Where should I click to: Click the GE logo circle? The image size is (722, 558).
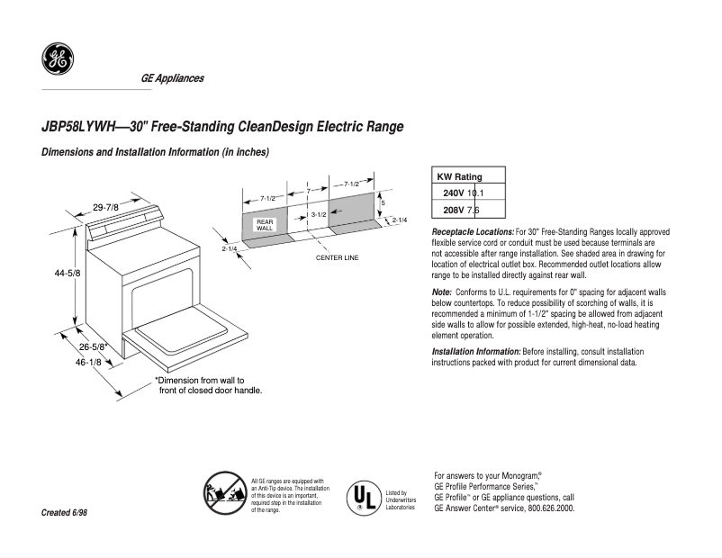pyautogui.click(x=58, y=59)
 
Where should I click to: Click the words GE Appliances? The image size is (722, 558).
pyautogui.click(x=172, y=78)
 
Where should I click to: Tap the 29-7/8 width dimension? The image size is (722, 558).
pyautogui.click(x=106, y=208)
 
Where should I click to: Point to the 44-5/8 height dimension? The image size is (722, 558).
pyautogui.click(x=68, y=273)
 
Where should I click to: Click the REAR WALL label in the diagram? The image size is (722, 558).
pyautogui.click(x=265, y=225)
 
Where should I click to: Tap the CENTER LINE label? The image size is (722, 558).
pyautogui.click(x=337, y=257)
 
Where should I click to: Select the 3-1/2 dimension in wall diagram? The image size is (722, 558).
pyautogui.click(x=318, y=215)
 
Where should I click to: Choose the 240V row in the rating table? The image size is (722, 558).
pyautogui.click(x=463, y=193)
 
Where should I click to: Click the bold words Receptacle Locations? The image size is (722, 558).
pyautogui.click(x=473, y=232)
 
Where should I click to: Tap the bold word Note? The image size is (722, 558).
pyautogui.click(x=441, y=293)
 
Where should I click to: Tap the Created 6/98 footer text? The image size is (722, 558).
pyautogui.click(x=65, y=512)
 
